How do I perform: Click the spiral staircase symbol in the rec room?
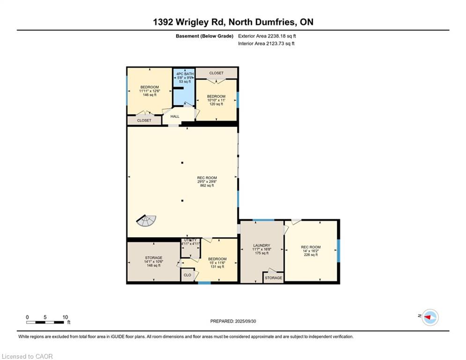point(147,221)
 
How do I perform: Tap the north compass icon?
point(430,317)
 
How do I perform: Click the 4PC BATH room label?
point(185,74)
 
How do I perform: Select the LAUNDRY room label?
point(261,246)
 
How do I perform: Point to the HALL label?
point(175,116)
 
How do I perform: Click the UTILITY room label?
point(190,240)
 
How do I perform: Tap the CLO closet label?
point(187,275)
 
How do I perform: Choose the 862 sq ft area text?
point(207,185)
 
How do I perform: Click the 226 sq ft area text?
point(311,255)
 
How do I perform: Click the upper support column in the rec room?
point(182,163)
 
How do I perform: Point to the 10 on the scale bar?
point(65,317)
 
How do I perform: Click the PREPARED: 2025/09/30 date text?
point(233,321)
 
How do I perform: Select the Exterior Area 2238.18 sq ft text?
point(267,36)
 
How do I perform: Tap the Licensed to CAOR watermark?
point(27,356)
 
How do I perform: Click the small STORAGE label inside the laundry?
point(274,278)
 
